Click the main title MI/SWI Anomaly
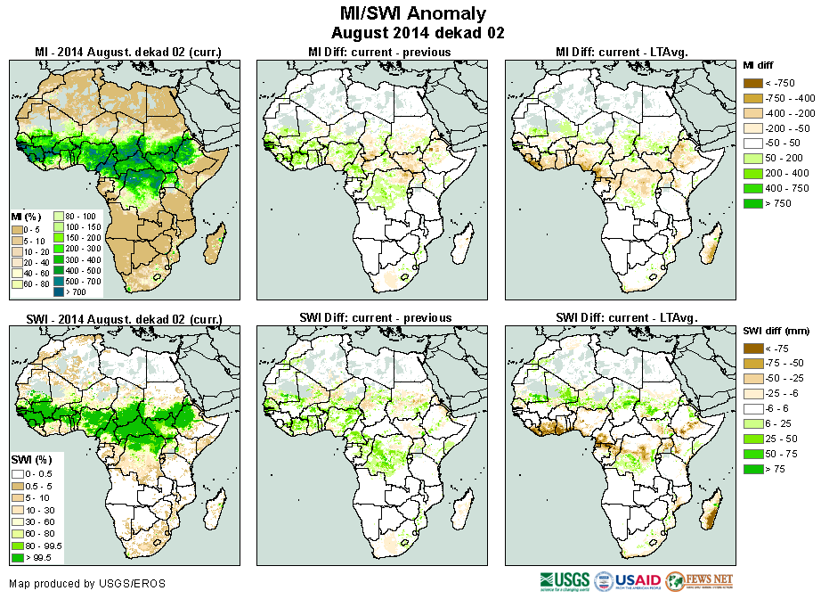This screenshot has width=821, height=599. pos(413,13)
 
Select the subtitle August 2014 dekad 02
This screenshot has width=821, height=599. pos(413,33)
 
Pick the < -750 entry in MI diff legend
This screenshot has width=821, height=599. pos(768,83)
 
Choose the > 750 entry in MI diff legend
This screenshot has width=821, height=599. pos(768,203)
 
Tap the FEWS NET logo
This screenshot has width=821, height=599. pos(698,582)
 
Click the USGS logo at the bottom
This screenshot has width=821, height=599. pos(565,582)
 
